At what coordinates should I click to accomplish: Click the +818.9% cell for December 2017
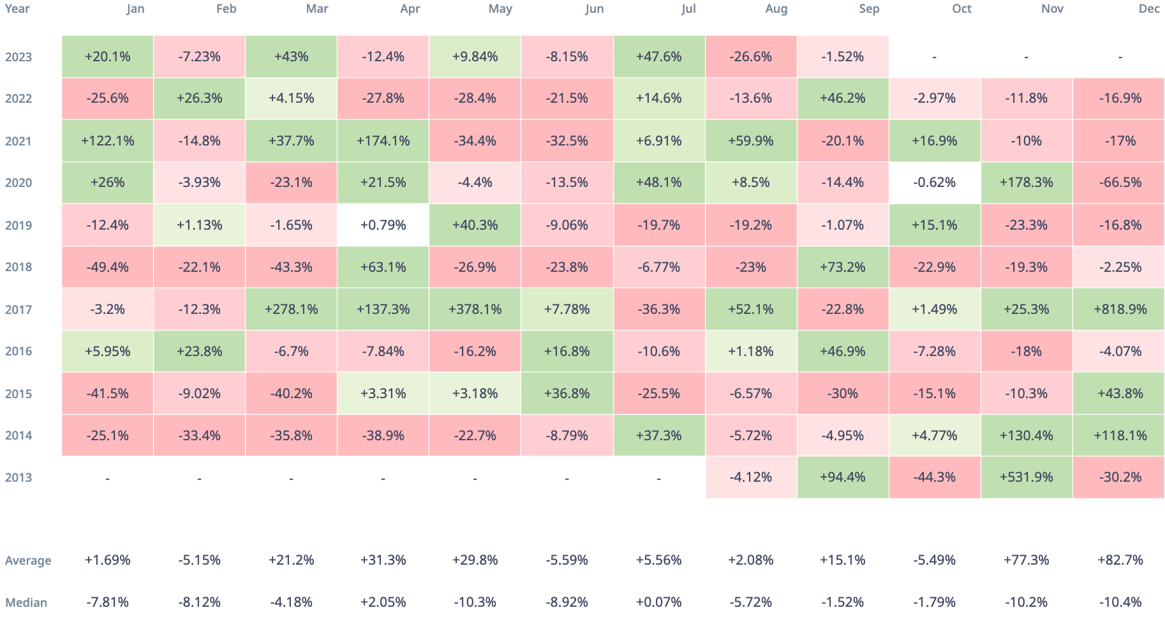[1120, 309]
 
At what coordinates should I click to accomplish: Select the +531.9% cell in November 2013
[1026, 477]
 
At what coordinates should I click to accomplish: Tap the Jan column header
[135, 9]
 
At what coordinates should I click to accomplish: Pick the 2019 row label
[19, 225]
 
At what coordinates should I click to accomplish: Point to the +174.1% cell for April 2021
[383, 141]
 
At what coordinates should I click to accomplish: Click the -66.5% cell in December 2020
[1120, 182]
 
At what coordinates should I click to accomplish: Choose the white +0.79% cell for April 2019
[383, 225]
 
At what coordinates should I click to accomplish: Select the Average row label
[28, 561]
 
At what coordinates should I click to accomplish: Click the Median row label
[26, 602]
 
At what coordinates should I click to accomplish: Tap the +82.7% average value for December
[1120, 560]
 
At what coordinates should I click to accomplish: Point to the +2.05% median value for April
[383, 602]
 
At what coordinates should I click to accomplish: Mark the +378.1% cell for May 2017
[475, 309]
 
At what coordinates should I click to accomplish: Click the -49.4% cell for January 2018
[107, 267]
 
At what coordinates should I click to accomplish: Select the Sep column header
[869, 9]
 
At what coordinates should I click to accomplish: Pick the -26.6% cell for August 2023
[750, 57]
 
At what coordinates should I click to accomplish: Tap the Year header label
[17, 9]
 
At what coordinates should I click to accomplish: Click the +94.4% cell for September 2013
[842, 477]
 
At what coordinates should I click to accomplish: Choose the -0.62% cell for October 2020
[934, 182]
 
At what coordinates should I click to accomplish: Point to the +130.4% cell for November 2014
[1026, 436]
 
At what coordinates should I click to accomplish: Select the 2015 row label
[19, 394]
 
